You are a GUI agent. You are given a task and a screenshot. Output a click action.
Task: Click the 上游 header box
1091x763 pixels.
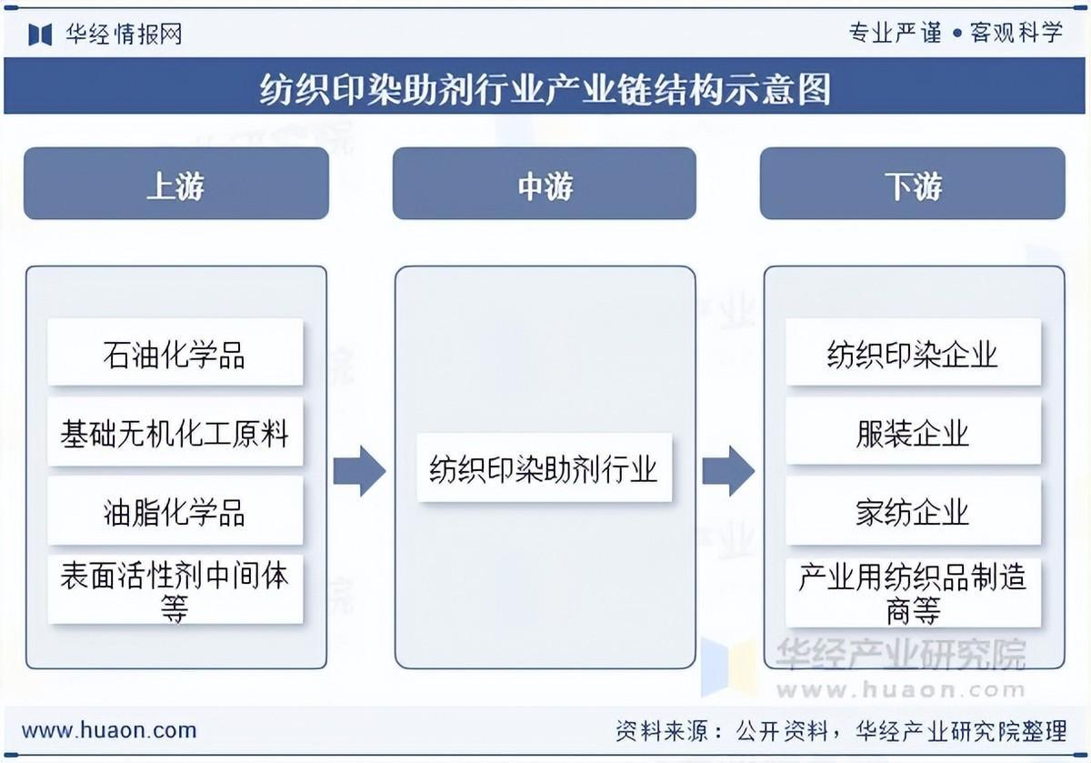coord(175,184)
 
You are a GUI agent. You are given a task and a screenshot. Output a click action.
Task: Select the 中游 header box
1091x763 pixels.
coord(544,184)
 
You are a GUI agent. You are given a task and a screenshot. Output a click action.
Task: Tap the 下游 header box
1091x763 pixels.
coord(912,184)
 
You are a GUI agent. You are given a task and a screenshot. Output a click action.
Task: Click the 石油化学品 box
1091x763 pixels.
coord(175,352)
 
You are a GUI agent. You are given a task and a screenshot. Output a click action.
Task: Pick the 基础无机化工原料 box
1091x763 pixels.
coord(175,432)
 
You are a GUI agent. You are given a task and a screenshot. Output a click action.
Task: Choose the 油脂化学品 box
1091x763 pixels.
coord(175,511)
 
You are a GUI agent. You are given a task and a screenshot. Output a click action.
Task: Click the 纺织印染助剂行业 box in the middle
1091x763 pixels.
coord(544,469)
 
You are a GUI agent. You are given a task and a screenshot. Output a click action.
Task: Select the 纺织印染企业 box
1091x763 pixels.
coord(913,352)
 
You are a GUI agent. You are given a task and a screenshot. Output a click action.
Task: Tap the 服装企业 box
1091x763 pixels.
coord(913,432)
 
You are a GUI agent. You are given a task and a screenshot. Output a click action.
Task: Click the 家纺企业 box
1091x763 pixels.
coord(913,511)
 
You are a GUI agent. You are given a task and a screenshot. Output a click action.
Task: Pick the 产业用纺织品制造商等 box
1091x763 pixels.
coord(913,591)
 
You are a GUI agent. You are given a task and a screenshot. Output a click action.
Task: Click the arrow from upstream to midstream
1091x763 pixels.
coord(359,471)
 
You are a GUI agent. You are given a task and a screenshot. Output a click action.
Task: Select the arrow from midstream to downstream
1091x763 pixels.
coord(728,471)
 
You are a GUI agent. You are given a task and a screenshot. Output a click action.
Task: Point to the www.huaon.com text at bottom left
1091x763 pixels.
coord(109,729)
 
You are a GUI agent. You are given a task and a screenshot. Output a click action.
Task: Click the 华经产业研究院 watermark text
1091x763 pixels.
coord(900,654)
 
